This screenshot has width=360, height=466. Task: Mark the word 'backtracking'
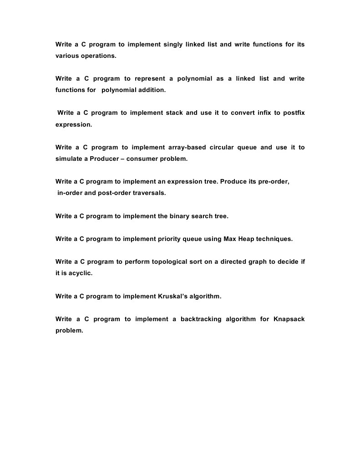[199, 319]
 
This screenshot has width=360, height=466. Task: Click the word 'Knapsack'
[289, 319]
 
